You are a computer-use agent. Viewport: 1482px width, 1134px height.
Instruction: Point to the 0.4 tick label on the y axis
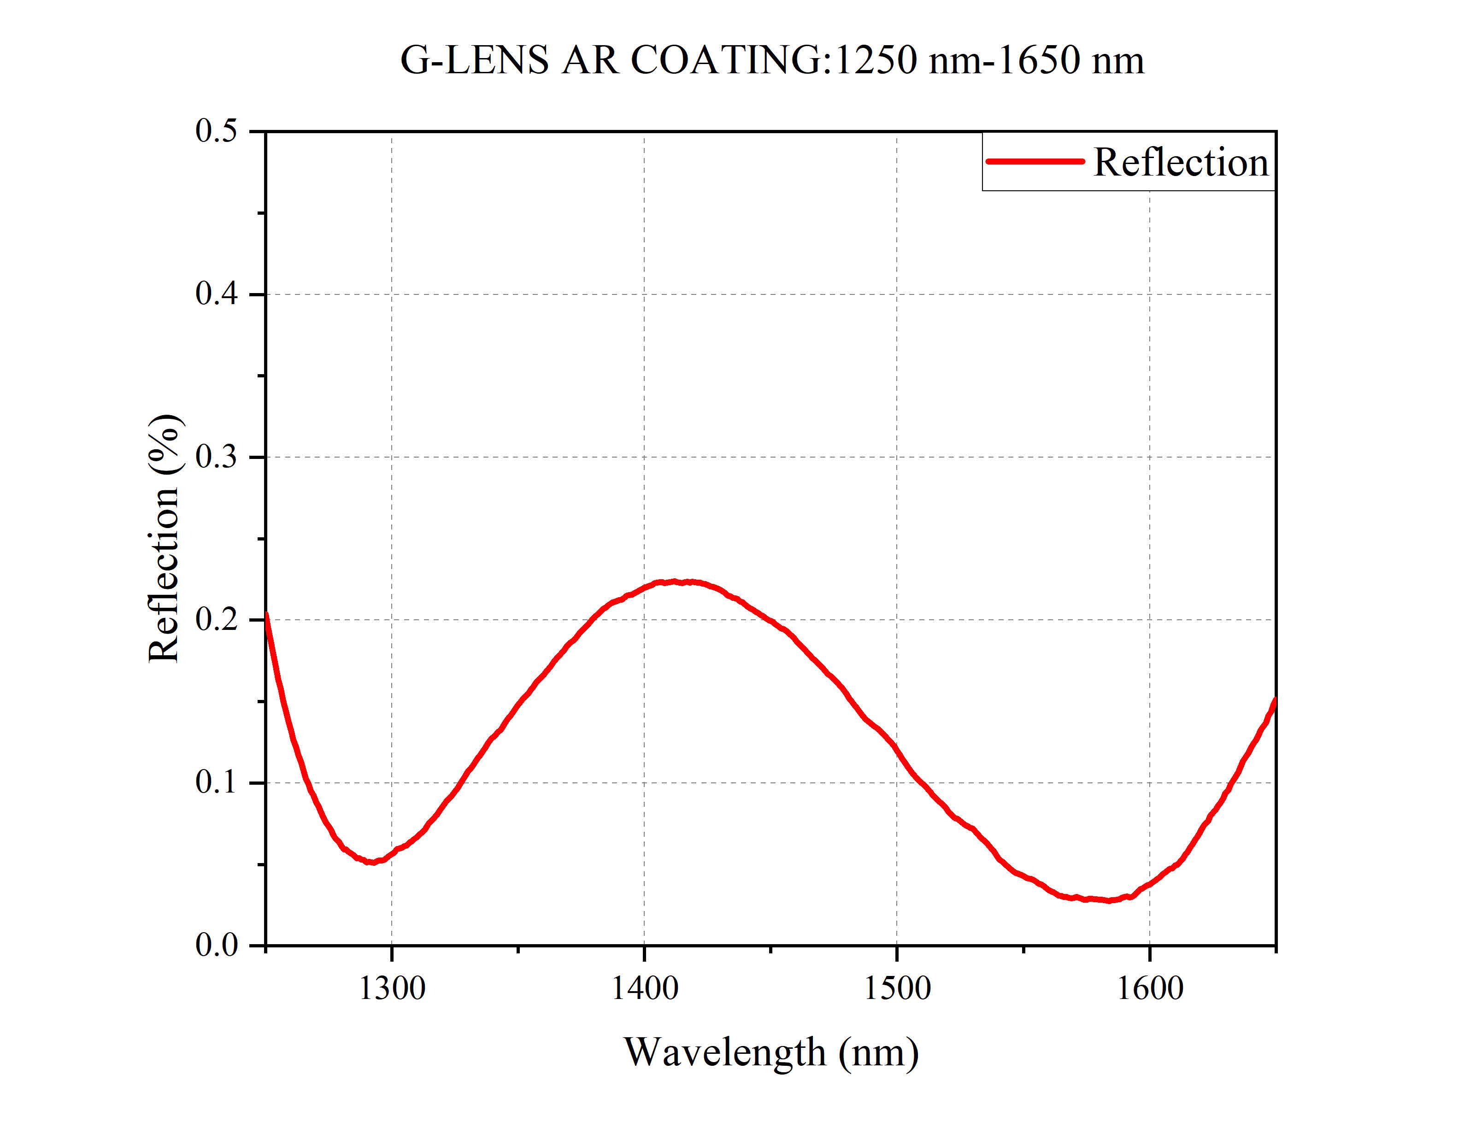217,294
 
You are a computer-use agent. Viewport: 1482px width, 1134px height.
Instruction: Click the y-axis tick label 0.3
217,457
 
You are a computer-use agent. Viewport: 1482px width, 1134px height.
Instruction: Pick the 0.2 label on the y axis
217,620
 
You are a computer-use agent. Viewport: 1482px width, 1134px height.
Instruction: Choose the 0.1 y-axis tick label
217,782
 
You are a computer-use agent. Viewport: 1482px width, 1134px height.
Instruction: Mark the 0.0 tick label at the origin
217,945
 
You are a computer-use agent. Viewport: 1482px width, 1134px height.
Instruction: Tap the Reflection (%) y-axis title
164,538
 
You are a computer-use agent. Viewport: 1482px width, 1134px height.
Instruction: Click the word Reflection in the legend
1180,163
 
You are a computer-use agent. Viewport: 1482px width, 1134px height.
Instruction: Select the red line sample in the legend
1035,161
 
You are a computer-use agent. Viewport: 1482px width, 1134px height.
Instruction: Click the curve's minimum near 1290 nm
371,862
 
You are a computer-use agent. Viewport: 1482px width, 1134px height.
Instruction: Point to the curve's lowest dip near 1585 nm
1109,900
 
